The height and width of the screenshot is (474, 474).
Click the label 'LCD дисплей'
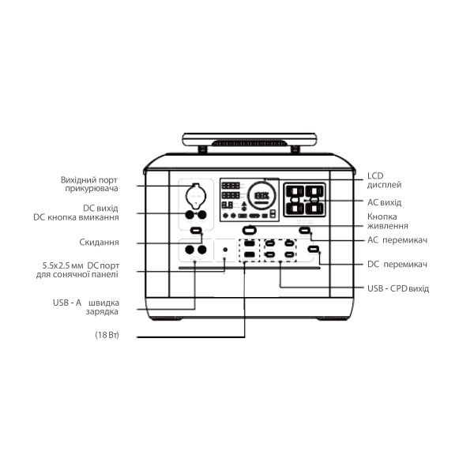pos(384,180)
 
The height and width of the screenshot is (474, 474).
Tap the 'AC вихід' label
pos(384,202)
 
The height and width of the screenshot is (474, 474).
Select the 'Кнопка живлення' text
pos(388,221)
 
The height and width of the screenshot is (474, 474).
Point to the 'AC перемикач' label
pos(397,240)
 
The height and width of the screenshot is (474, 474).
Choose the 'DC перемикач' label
pos(397,264)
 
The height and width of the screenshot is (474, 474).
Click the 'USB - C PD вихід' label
pos(398,288)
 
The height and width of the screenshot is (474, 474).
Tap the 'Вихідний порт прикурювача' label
pos(89,184)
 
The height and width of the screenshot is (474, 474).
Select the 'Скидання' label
pos(99,243)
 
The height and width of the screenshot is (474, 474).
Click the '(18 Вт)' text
pos(107,335)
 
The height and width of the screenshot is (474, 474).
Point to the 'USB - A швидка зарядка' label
pos(86,307)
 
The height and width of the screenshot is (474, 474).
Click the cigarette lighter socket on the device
pos(196,196)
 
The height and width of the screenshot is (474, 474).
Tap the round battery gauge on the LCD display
pos(261,195)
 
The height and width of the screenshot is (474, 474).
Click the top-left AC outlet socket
pos(295,191)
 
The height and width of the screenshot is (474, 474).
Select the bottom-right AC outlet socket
pos(314,209)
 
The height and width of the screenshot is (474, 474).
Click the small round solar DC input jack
pos(225,250)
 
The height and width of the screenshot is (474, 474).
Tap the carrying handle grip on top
pos(250,143)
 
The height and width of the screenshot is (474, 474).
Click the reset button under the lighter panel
pos(196,231)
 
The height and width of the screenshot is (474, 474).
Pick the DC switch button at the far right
pos(313,250)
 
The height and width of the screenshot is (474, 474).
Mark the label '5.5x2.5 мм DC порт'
pos(81,265)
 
